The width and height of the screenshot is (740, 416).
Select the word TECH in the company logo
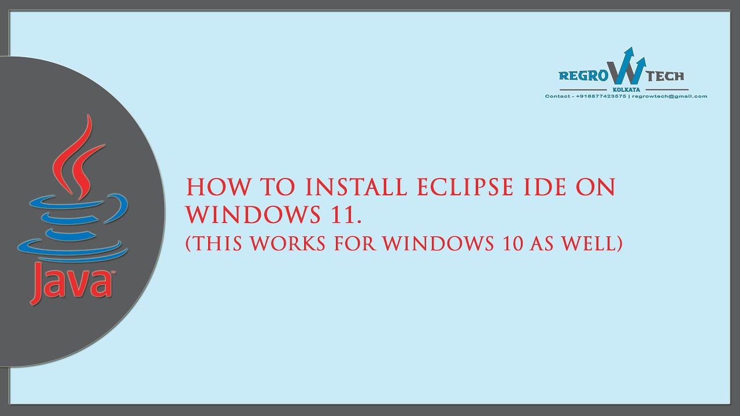665,76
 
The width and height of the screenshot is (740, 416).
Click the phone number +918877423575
601,96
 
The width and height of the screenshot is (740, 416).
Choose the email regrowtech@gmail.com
669,96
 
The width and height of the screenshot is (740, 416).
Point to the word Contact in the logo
558,96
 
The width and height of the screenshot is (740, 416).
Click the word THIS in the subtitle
221,243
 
